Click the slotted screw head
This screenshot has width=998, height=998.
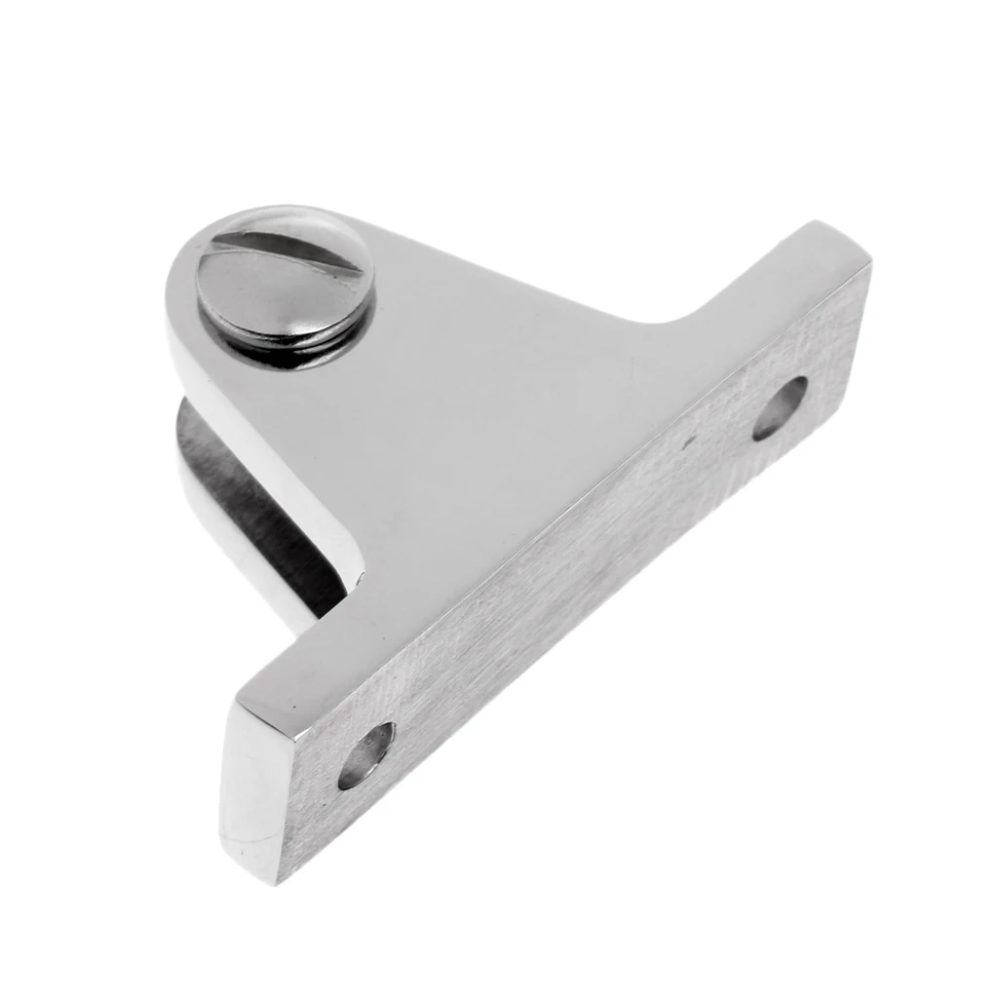[286, 276]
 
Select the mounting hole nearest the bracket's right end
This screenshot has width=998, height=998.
[780, 407]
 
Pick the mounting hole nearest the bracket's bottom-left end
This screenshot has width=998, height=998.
[366, 755]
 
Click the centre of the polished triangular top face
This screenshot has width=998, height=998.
[458, 409]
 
